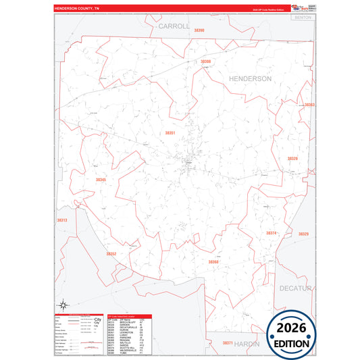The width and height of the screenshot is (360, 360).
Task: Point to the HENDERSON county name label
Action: (250, 79)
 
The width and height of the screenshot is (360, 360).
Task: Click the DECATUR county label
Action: (294, 288)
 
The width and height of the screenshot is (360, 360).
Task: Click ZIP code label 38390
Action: (199, 31)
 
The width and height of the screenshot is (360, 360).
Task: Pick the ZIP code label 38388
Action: (205, 61)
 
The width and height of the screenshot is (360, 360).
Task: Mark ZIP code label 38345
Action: (101, 180)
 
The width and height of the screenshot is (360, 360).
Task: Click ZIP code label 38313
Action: (61, 220)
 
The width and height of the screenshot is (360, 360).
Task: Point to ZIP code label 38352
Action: (111, 254)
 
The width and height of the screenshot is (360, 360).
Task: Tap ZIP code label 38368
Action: (213, 262)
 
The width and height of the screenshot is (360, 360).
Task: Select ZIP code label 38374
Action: (271, 233)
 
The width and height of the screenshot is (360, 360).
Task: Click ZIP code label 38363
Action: (309, 105)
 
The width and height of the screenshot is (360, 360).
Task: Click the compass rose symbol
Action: (62, 305)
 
